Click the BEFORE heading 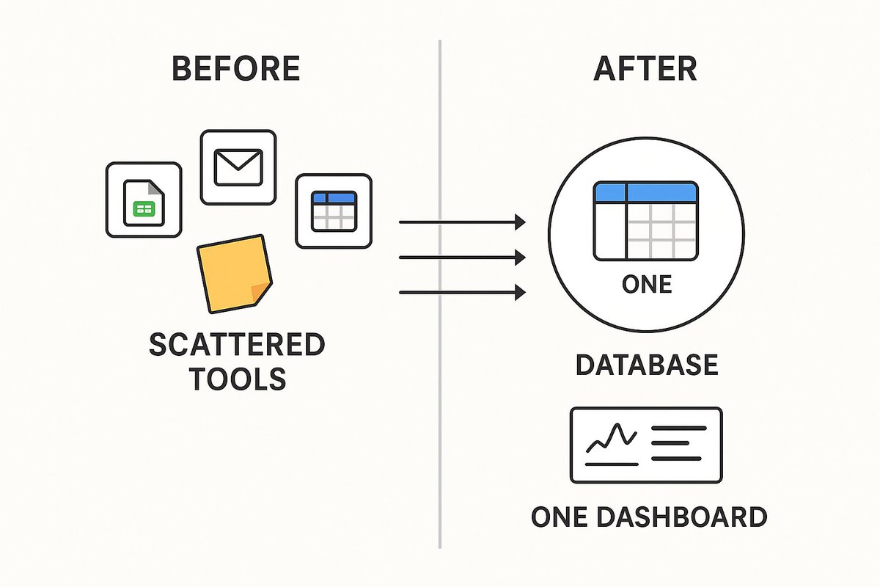coord(235,68)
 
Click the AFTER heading coord(645,68)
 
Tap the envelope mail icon coord(238,167)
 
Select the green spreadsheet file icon coord(144,200)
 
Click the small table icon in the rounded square coord(334,211)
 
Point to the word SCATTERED coord(236,345)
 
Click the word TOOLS coord(236,379)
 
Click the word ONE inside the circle coord(646,285)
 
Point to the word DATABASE coord(646,365)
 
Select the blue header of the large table coord(646,192)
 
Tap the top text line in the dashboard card coord(678,428)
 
